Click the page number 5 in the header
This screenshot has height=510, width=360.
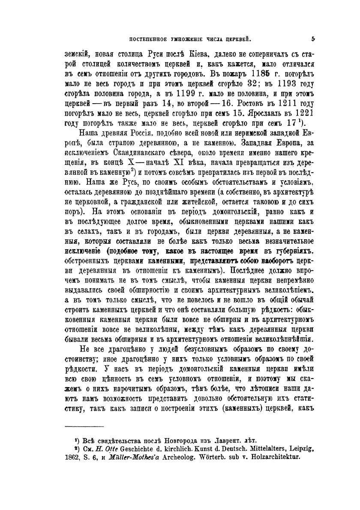coord(314,39)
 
